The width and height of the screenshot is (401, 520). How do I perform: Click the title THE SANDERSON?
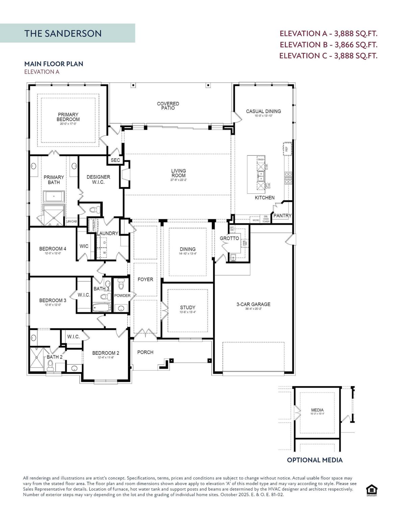(x=63, y=34)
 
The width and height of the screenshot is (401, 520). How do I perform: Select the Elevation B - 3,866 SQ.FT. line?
(x=328, y=45)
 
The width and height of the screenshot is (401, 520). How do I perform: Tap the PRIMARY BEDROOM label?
(x=68, y=117)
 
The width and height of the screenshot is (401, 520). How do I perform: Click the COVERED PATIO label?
(x=168, y=106)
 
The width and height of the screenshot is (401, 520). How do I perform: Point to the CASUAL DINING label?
(x=263, y=111)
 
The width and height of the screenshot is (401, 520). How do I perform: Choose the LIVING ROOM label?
(x=178, y=173)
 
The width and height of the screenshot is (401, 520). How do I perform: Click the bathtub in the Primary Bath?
(x=54, y=196)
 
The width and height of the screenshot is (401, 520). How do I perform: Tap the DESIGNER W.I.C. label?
(x=98, y=179)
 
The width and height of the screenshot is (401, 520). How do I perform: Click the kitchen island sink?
(x=261, y=175)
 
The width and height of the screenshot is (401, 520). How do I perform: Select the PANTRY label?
(x=282, y=216)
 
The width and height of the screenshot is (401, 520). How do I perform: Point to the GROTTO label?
(x=229, y=238)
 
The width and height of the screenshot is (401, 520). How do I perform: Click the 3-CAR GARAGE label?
(x=253, y=304)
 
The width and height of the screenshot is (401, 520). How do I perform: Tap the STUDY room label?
(x=187, y=308)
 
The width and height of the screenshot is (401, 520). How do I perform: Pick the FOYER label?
(x=145, y=279)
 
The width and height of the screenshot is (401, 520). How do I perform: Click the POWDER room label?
(x=122, y=296)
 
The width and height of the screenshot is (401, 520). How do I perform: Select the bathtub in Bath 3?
(x=101, y=307)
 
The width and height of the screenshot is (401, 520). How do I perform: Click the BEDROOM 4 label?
(x=53, y=249)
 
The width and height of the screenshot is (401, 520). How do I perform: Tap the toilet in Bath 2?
(x=50, y=365)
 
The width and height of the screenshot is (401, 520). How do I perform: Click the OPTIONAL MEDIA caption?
(x=315, y=460)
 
